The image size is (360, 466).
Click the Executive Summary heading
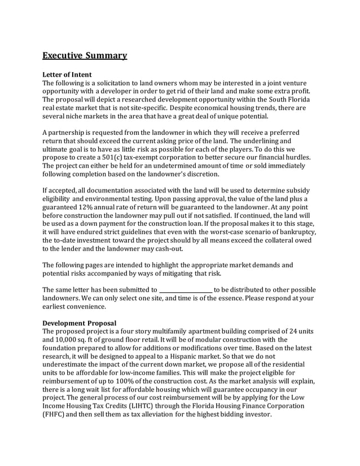click(x=85, y=55)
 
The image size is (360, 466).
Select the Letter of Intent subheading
click(x=67, y=74)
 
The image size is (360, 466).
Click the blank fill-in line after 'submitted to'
click(x=186, y=290)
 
